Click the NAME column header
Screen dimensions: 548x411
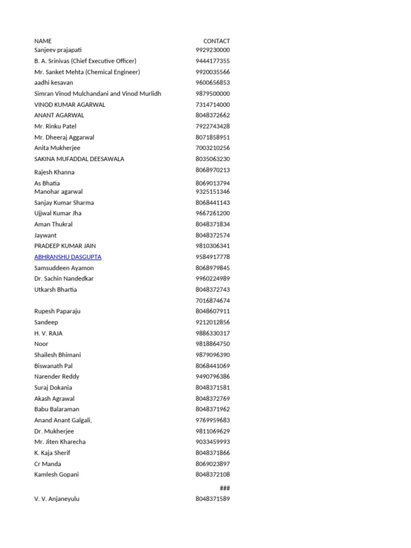pos(43,41)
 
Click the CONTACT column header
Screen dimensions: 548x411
pos(216,41)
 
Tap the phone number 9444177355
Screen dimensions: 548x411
pos(212,61)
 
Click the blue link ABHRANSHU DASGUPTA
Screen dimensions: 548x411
pos(67,257)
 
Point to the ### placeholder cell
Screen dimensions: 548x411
pos(225,488)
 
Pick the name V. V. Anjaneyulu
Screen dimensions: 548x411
pos(57,499)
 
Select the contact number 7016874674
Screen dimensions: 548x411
pos(212,301)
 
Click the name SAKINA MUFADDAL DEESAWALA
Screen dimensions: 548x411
pos(79,159)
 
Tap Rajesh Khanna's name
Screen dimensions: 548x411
pos(54,172)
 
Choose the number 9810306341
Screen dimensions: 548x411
pos(212,246)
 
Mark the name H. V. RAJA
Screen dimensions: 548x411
pos(48,333)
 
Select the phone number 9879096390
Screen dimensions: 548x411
pos(212,355)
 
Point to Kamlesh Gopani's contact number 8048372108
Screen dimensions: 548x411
pos(212,475)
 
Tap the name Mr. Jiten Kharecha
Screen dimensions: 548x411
pos(60,442)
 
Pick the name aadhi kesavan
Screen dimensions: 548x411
pos(54,82)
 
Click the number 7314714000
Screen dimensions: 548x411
pos(212,104)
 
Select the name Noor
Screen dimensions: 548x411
pos(41,344)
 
